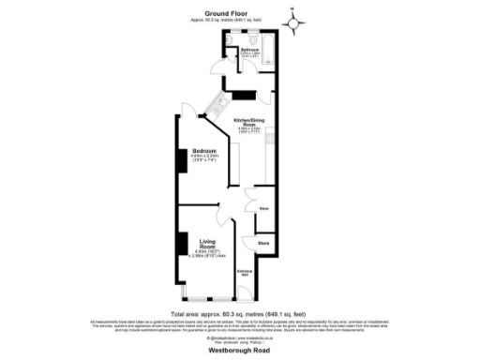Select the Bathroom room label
pos(249,49)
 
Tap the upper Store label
pos(264,208)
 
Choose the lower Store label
pos(264,242)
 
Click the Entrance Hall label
pos(244,273)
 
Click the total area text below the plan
pos(239,313)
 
